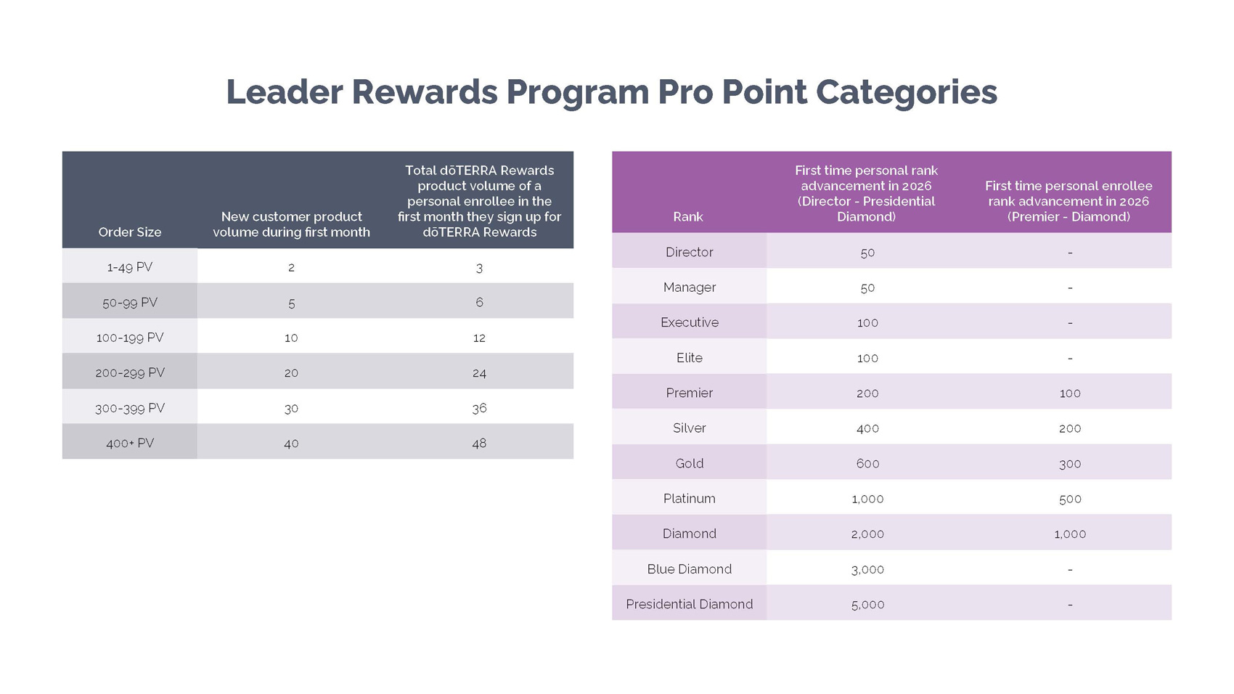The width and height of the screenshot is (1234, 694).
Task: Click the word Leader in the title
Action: (284, 92)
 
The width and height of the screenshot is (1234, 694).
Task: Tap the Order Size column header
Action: (130, 232)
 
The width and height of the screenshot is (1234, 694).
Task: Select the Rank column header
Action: (687, 217)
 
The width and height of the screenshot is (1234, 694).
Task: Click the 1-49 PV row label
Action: (130, 267)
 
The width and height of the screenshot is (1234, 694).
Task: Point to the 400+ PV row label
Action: (130, 443)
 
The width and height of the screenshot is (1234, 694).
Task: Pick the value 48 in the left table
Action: (479, 443)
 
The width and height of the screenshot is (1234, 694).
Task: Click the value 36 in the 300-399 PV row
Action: (479, 408)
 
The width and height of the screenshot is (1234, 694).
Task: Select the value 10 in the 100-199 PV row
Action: (291, 338)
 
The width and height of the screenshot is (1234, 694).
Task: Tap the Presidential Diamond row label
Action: (689, 604)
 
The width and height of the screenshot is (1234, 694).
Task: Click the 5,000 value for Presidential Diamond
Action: (867, 604)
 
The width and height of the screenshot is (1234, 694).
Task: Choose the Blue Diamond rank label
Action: (689, 569)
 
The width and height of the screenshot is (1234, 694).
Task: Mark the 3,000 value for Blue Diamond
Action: (867, 569)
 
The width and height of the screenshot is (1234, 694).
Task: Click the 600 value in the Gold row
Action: (867, 463)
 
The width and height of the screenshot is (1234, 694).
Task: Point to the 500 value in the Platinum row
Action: (1070, 499)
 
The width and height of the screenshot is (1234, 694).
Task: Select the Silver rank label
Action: (689, 428)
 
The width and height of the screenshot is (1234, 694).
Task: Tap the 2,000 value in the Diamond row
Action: (867, 534)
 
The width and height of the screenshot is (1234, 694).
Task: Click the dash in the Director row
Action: (1070, 253)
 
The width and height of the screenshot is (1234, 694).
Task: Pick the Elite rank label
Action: (689, 358)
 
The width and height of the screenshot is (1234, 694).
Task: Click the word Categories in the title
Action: (906, 92)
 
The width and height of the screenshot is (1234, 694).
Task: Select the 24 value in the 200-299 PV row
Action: (479, 373)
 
